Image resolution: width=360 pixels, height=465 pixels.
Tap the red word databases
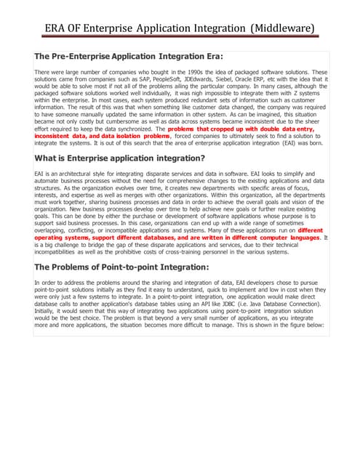point(175,237)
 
